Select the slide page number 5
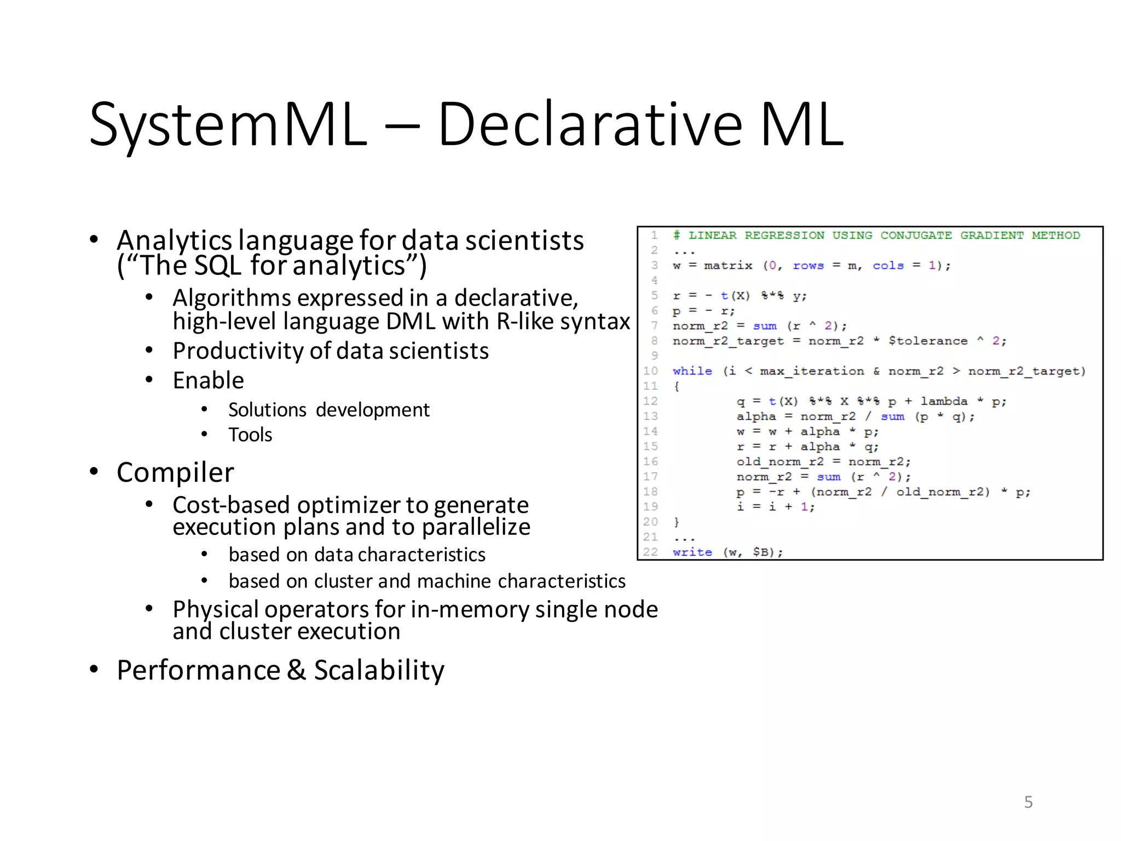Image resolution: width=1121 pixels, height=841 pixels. click(x=1028, y=802)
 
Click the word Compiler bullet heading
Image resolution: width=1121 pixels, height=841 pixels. click(x=175, y=473)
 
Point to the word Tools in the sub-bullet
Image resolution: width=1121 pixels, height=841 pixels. click(x=250, y=435)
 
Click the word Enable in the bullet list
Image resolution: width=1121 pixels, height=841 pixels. click(x=208, y=381)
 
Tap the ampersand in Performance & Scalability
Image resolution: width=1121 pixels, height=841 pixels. click(x=296, y=670)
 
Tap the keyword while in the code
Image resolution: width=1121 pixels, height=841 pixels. click(x=692, y=371)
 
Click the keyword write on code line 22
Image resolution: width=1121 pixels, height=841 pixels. click(x=692, y=552)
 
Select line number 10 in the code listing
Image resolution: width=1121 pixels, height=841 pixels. click(x=650, y=371)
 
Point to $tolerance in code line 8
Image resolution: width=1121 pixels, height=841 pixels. click(x=928, y=341)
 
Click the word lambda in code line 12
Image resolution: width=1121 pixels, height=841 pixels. click(x=944, y=401)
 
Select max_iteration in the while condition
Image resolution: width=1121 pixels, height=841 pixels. click(x=812, y=371)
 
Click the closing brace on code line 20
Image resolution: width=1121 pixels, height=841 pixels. click(x=677, y=522)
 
